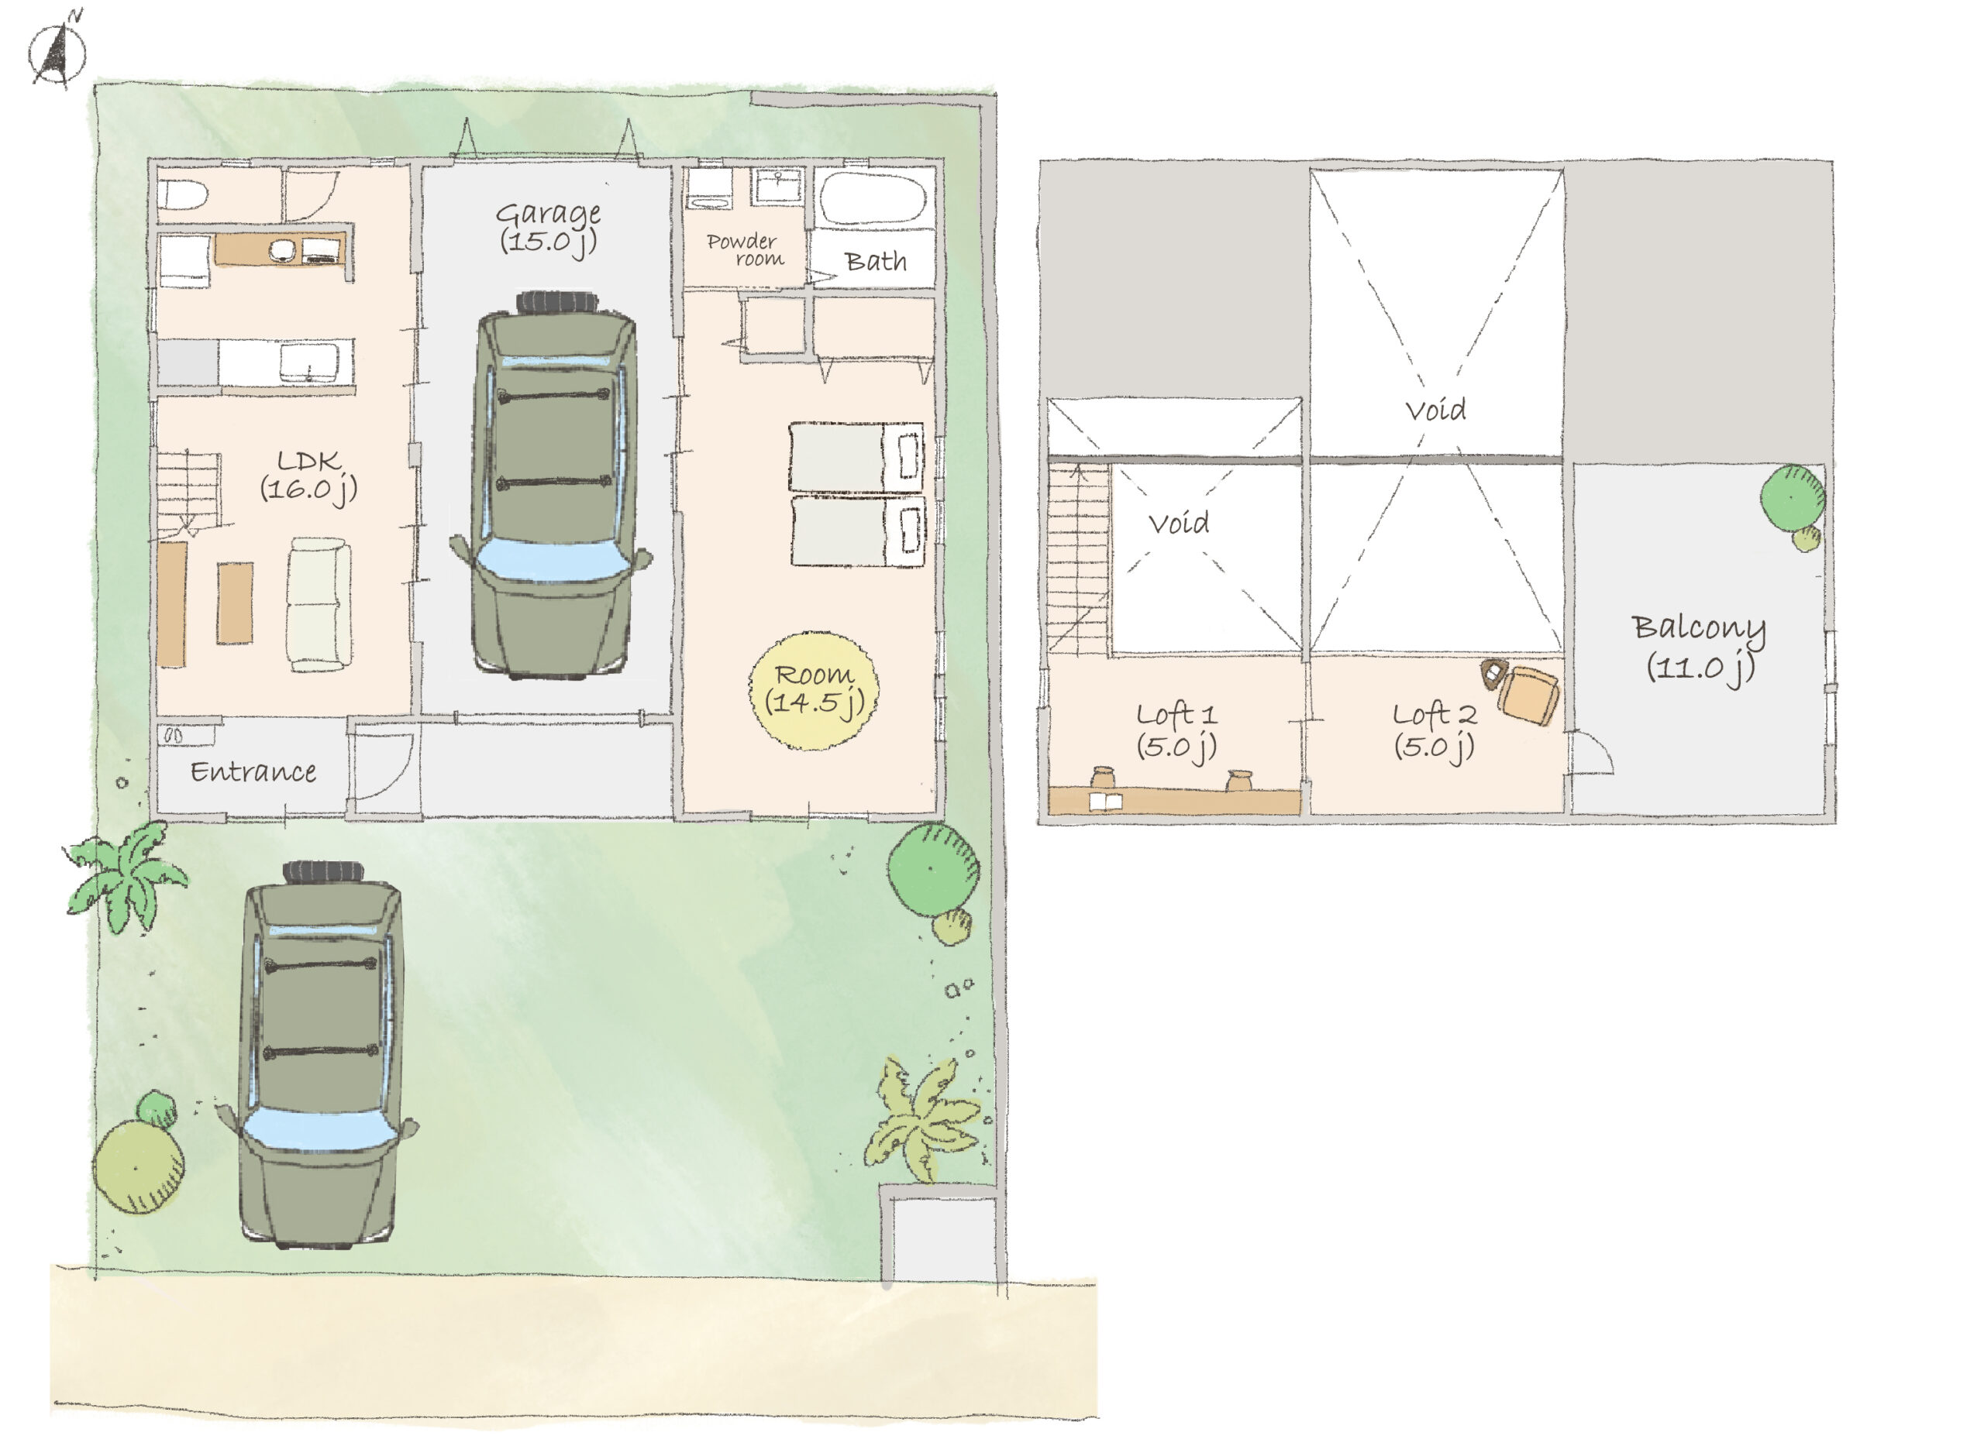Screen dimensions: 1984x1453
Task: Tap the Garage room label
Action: (x=548, y=227)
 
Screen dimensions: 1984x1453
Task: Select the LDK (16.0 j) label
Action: (x=308, y=476)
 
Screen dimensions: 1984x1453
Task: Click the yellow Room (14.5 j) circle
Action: (x=814, y=690)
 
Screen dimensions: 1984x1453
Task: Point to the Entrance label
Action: (x=253, y=772)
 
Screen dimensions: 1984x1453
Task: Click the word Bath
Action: (x=876, y=261)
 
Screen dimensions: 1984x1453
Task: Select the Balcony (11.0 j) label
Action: (x=1699, y=647)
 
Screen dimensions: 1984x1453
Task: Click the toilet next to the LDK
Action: (x=182, y=194)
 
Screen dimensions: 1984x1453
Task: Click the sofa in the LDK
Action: (x=319, y=604)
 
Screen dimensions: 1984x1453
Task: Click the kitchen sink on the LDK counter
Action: (x=308, y=362)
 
